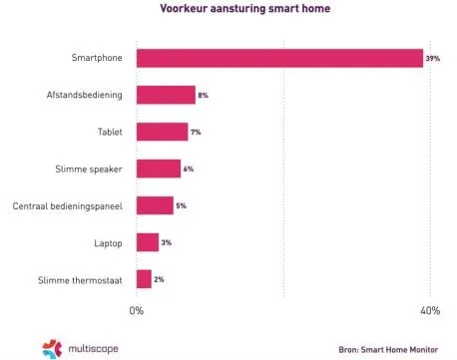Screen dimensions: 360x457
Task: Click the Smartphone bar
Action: pos(279,59)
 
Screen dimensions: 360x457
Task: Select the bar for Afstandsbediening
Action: pos(166,96)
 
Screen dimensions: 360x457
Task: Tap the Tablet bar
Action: pos(162,132)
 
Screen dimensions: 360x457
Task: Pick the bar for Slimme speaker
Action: pos(159,169)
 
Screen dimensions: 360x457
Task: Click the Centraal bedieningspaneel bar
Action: pos(155,205)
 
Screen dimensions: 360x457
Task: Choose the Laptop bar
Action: pos(148,242)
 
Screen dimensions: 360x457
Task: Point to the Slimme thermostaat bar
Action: pos(144,279)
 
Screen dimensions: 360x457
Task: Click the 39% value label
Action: pos(432,59)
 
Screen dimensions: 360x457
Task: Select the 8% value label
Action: pos(203,96)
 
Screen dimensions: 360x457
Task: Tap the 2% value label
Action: pos(159,279)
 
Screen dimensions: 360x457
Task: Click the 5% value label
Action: pos(181,205)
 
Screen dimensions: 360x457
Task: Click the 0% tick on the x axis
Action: pos(137,311)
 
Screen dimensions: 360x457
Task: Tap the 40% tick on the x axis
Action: pos(430,311)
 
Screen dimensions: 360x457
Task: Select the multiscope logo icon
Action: pos(51,347)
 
